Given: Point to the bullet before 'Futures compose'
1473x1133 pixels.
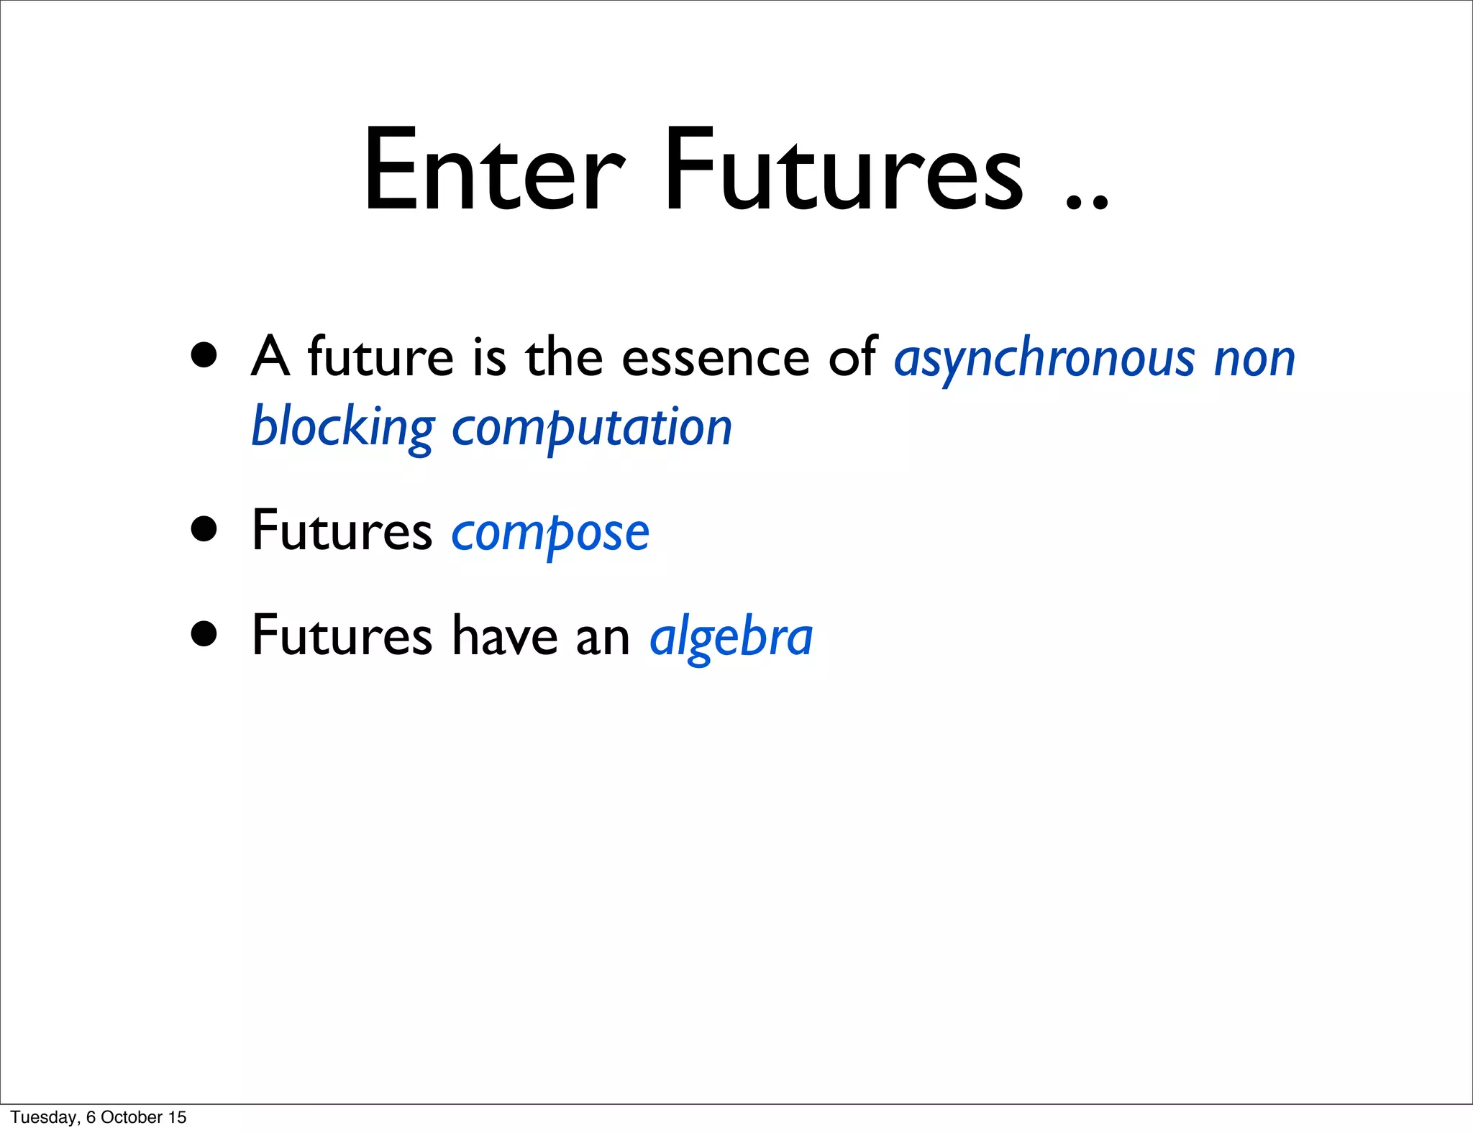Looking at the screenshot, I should (x=204, y=529).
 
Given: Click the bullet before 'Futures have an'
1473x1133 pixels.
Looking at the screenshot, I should (x=204, y=634).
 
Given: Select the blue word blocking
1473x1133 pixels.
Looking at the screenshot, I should (x=342, y=427).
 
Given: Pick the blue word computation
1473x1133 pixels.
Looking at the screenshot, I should (x=591, y=428).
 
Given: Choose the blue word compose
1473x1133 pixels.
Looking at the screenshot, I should (x=550, y=533).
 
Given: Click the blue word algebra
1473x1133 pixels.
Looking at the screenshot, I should (x=731, y=637).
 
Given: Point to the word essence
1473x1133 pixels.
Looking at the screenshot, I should (x=715, y=358).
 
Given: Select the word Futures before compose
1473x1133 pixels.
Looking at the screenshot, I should (x=342, y=532).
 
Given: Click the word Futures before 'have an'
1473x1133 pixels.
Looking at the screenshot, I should (x=342, y=637).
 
